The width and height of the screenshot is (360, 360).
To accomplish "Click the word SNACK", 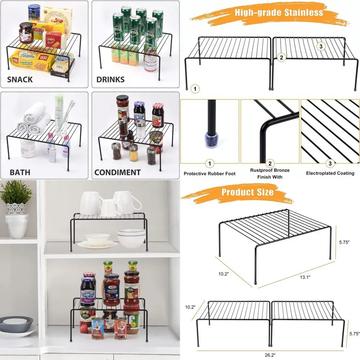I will click(20, 80).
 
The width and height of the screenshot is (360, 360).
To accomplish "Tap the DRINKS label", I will click(110, 80).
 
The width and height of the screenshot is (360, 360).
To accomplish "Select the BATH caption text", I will click(20, 172).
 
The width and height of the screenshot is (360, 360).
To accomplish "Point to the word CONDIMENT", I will click(117, 172).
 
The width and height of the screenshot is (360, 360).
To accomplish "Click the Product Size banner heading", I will click(247, 192).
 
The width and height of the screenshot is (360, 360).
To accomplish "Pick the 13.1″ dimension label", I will click(305, 277).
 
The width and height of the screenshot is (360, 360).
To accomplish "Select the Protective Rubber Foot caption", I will click(210, 174).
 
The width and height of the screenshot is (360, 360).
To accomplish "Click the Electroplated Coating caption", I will click(330, 173).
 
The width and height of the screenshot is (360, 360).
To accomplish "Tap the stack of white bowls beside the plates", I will click(131, 237).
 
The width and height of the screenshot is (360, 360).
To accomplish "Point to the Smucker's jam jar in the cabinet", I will click(87, 292).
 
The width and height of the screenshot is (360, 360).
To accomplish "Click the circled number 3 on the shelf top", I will click(321, 46).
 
